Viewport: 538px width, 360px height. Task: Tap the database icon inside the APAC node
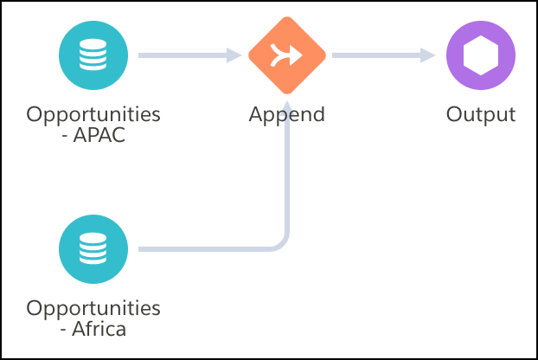[93, 56]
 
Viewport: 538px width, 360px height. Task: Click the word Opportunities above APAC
[93, 114]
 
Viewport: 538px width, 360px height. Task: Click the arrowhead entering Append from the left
[234, 56]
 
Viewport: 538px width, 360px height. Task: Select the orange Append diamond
[287, 56]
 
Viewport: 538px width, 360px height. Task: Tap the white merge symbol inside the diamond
[287, 56]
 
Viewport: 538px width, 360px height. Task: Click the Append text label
[287, 114]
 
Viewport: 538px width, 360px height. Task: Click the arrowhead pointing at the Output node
[427, 56]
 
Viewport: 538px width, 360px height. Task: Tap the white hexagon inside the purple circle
[481, 56]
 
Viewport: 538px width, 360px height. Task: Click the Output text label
[481, 114]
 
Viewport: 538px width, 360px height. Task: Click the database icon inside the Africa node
[93, 250]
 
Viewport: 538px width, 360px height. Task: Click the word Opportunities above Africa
[93, 308]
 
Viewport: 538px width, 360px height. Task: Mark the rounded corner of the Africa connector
[282, 244]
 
